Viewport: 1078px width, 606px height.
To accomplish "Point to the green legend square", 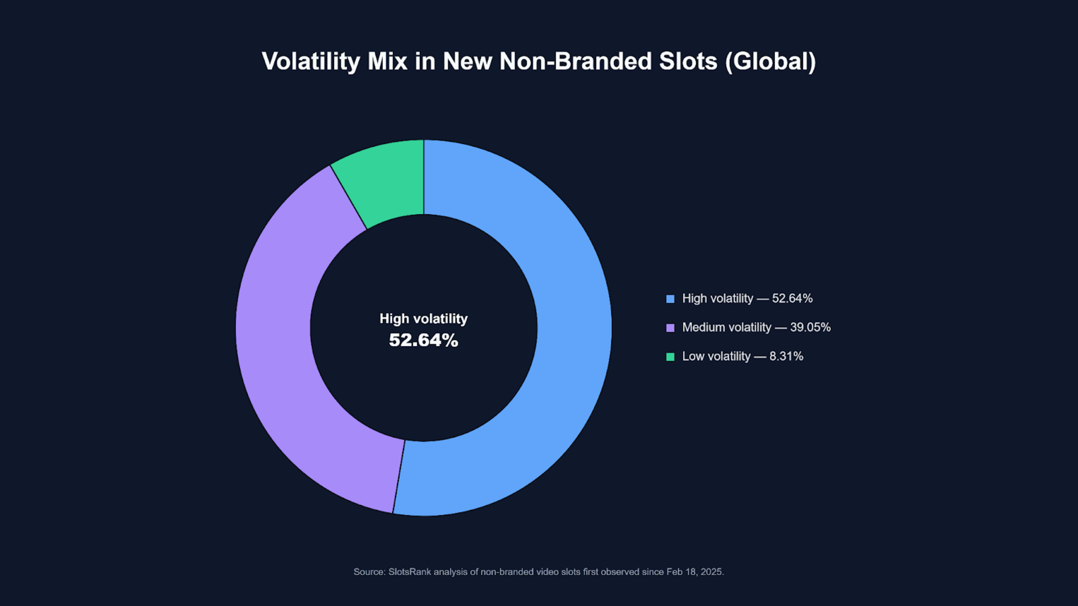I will (x=670, y=357).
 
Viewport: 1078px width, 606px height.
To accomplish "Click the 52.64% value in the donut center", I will (x=424, y=340).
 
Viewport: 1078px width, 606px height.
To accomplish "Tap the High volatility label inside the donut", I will (x=424, y=319).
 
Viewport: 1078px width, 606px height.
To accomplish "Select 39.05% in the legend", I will (x=810, y=327).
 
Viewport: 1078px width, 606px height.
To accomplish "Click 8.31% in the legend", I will (x=786, y=356).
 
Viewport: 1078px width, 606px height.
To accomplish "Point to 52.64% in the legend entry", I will (x=792, y=299).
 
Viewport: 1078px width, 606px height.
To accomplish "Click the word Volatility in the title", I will (x=311, y=61).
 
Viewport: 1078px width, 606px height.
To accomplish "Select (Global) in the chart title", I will (x=770, y=61).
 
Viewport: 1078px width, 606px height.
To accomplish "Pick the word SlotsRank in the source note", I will (x=409, y=572).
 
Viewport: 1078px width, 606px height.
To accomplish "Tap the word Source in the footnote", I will (x=369, y=572).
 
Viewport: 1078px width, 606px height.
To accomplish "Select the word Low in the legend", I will (x=693, y=356).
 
